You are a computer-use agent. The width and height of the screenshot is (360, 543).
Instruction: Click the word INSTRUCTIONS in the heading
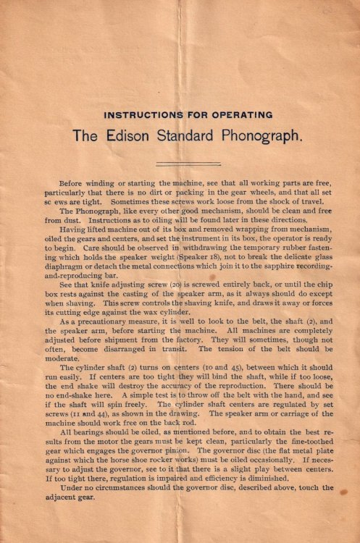138,115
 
